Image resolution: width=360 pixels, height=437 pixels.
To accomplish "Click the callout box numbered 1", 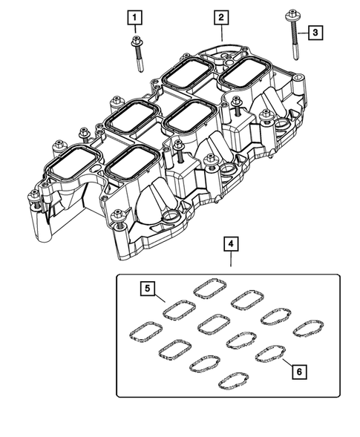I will (x=134, y=16).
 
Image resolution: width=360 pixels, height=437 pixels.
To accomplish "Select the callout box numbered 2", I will (x=222, y=16).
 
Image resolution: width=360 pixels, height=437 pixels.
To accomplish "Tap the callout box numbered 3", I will (x=315, y=32).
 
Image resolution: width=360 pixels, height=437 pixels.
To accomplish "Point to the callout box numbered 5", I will (x=148, y=286).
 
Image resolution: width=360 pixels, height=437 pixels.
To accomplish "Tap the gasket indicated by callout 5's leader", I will (x=179, y=308).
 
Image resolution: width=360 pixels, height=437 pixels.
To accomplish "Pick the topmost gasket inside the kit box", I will (x=210, y=288).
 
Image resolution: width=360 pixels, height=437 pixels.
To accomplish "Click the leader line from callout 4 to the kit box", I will (x=231, y=262).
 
